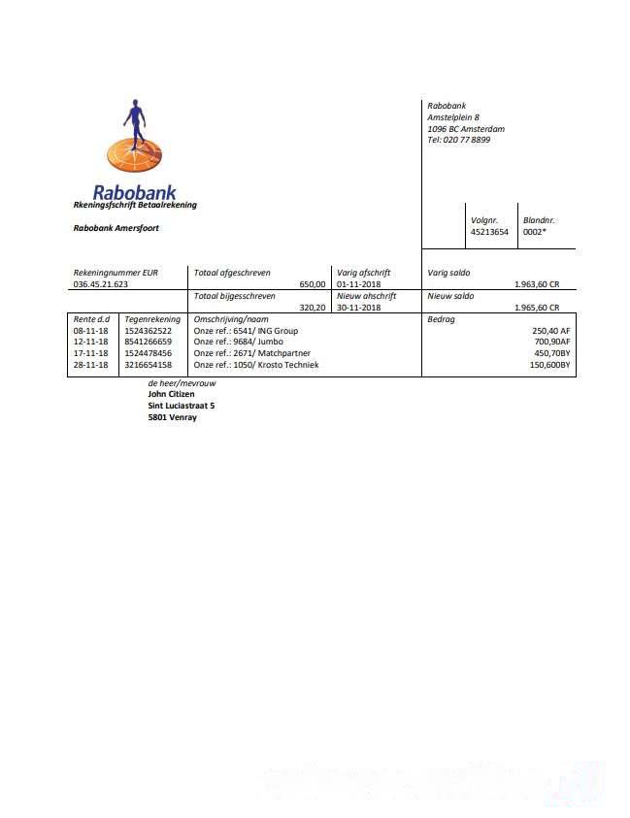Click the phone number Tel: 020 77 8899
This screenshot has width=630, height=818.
point(458,140)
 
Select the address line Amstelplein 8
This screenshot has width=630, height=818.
point(453,116)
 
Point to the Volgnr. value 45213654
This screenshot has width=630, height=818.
point(489,232)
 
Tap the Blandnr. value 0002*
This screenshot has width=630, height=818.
point(536,232)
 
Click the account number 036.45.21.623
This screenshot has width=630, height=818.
point(101,284)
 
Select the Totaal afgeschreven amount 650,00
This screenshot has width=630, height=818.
point(313,284)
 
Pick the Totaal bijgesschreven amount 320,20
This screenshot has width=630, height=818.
point(313,308)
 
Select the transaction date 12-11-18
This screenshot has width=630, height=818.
point(90,342)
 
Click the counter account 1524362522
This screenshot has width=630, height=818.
point(149,331)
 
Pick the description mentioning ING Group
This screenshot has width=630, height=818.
point(246,331)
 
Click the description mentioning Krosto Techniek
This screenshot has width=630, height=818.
point(256,365)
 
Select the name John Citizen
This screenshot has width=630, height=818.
point(171,394)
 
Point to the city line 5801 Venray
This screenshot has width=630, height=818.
point(171,417)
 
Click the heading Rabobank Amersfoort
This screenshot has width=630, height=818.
point(116,228)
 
